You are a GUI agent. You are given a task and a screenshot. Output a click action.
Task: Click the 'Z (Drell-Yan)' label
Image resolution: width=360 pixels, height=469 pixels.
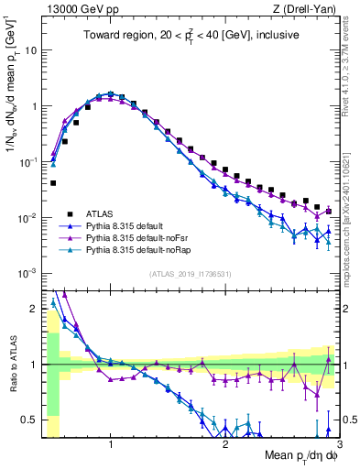click(x=306, y=8)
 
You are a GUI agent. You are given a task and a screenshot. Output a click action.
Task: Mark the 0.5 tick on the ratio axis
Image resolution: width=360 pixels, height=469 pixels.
click(x=30, y=420)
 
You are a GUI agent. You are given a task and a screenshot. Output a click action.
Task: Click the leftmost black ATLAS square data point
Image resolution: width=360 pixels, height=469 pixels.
click(x=53, y=183)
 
